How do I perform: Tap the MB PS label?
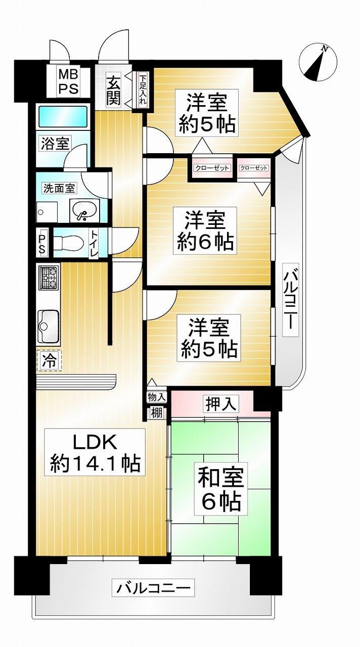[x=68, y=82]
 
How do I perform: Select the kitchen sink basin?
[x=48, y=326]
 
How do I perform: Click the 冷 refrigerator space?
[x=49, y=360]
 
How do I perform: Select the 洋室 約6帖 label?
[x=205, y=231]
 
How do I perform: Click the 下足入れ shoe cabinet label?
[x=143, y=89]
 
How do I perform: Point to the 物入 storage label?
[x=156, y=397]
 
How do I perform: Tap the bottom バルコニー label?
[x=153, y=588]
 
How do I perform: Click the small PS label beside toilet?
[x=42, y=242]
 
